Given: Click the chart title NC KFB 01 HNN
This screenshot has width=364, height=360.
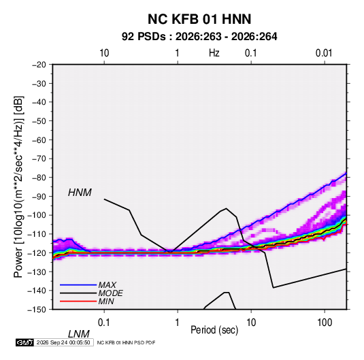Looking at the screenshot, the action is (199, 19).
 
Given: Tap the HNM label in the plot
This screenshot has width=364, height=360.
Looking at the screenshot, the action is (80, 193).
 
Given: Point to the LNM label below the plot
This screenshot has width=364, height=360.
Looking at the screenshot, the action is (78, 334).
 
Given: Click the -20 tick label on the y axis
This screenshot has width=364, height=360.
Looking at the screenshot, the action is (39, 65).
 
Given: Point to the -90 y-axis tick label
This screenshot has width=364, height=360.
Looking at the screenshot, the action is (39, 196).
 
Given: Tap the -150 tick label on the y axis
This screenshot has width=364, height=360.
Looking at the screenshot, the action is (37, 310).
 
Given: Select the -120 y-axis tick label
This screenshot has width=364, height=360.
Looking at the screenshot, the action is (37, 252).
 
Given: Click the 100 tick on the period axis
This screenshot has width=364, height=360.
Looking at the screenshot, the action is (325, 322).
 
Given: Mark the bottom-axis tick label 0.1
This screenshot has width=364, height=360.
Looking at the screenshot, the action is (103, 322).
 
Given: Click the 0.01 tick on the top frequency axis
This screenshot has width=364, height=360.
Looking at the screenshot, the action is (324, 53).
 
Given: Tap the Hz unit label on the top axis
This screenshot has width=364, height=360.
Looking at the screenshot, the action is (214, 53).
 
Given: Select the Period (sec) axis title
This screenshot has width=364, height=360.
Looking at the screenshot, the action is (214, 330).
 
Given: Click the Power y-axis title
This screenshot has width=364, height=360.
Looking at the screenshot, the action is (18, 186).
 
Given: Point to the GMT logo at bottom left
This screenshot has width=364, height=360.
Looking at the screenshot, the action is (24, 342).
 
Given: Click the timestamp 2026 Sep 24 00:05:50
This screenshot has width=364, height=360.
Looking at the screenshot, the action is (63, 342).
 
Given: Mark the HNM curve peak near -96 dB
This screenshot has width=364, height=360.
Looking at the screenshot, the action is (226, 208).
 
